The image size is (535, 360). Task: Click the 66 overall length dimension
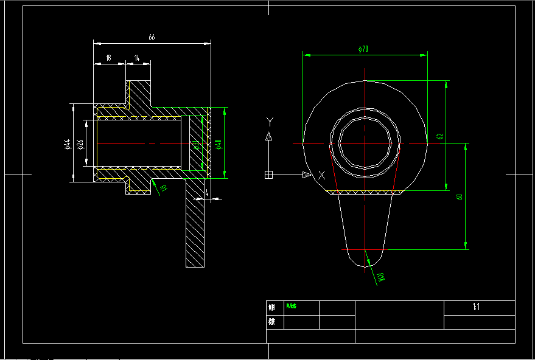[x=152, y=38]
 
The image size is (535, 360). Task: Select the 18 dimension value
[x=108, y=58]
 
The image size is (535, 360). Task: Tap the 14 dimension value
[x=138, y=58]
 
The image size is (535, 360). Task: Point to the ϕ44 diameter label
[x=68, y=144]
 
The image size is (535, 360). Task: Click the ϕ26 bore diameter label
[x=80, y=144]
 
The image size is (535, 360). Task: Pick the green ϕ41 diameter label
[x=218, y=144]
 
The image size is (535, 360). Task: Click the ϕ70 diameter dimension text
[x=364, y=49]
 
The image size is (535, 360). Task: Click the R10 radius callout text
[x=381, y=279]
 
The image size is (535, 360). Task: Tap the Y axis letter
[x=269, y=121]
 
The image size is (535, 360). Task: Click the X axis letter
[x=321, y=175]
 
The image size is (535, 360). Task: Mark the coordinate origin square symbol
[x=268, y=175]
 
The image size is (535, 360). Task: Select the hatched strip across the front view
[x=365, y=192]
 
